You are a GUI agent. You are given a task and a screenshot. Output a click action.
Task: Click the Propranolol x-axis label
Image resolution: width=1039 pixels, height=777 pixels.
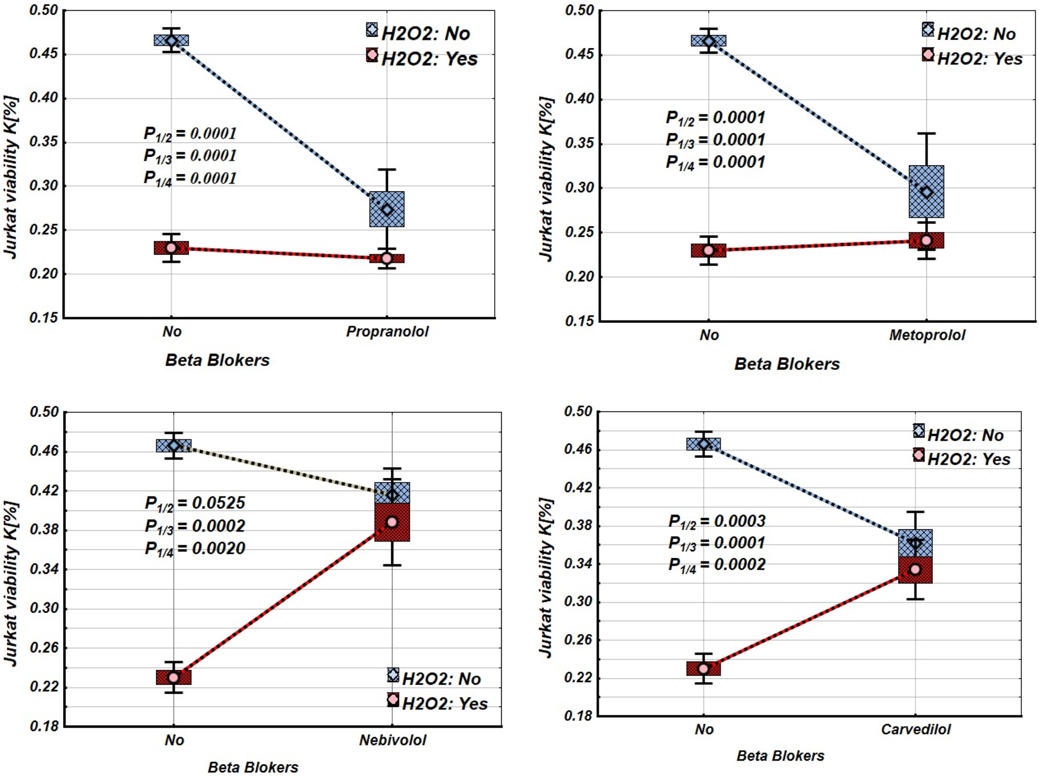tap(387, 332)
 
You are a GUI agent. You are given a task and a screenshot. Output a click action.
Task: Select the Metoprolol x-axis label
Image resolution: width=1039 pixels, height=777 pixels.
tap(926, 335)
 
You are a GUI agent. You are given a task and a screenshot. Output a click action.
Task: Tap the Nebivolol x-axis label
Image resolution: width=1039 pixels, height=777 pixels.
tap(392, 740)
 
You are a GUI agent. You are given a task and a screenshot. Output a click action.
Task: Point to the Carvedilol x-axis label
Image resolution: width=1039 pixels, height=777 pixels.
tap(915, 730)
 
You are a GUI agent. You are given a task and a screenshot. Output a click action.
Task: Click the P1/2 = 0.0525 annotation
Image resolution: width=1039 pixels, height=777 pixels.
tap(195, 503)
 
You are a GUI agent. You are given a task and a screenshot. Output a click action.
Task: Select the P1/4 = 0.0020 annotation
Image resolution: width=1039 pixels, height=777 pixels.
tap(195, 549)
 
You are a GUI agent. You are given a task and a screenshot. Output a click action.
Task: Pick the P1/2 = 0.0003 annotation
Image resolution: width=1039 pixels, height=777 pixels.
tap(717, 522)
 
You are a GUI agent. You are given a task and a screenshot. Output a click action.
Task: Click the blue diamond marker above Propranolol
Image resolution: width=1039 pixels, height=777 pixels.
tap(387, 210)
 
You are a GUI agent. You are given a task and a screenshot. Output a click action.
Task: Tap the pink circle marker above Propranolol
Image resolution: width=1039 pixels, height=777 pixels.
tap(387, 258)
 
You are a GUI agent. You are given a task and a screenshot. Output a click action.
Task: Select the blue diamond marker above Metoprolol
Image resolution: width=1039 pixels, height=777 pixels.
tap(926, 192)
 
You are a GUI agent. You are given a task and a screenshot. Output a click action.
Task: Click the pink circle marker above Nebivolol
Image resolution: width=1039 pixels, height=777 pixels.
tap(392, 522)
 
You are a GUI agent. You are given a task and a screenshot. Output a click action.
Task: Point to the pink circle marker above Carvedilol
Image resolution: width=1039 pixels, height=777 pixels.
tap(915, 570)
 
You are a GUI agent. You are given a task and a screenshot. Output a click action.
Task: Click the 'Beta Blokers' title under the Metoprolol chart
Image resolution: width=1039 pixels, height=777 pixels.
tap(787, 364)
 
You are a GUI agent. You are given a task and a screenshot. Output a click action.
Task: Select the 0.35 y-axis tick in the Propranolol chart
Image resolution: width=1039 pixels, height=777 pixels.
tap(44, 142)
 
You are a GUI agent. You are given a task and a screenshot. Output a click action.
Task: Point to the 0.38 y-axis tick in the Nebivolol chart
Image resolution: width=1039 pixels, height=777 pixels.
tap(45, 530)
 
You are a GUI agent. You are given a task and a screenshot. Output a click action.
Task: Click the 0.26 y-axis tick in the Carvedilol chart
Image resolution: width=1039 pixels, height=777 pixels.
tap(578, 640)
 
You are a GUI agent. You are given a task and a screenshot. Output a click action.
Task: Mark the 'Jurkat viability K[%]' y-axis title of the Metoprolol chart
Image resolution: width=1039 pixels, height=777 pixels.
tap(546, 179)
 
